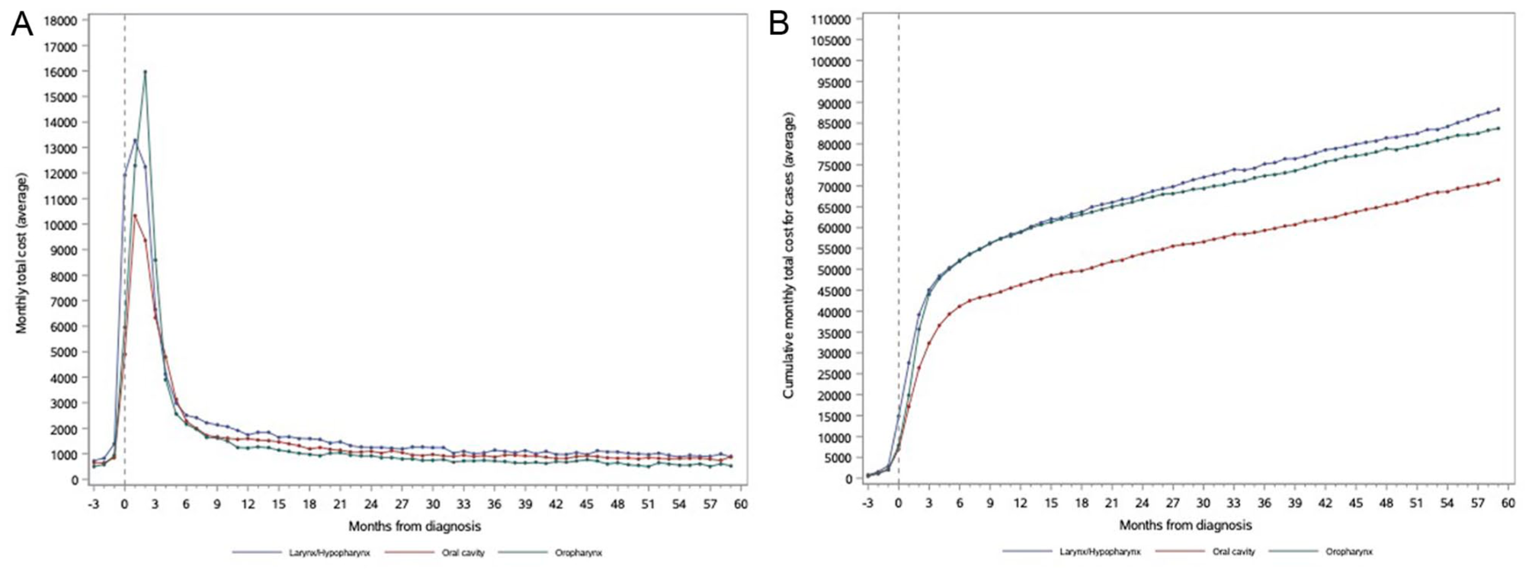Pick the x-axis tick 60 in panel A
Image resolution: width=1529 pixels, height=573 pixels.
[x=741, y=504]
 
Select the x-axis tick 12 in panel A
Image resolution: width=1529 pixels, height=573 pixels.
[x=248, y=504]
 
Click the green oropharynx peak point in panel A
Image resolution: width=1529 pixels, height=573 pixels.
[x=145, y=72]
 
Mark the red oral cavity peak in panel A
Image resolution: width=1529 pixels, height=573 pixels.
[x=135, y=216]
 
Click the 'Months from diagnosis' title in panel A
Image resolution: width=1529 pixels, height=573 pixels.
[x=415, y=527]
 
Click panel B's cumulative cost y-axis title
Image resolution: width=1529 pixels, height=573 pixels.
[x=789, y=255]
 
